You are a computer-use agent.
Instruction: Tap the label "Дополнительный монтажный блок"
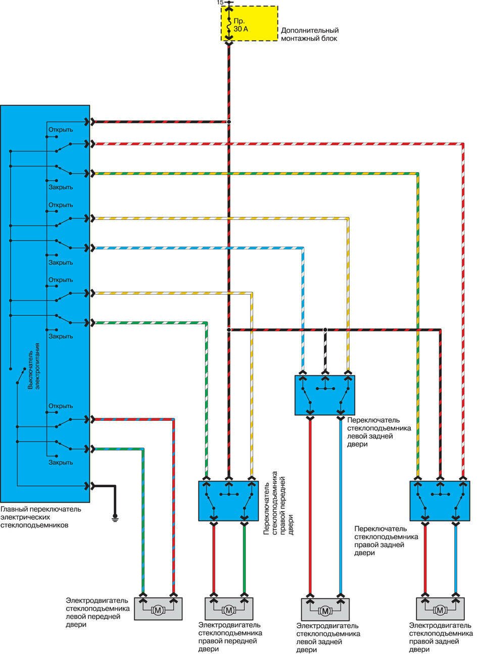pos(309,34)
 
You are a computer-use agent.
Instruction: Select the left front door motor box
pos(158,610)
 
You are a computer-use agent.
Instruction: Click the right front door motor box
pos(229,610)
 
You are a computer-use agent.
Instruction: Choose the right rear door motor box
pos(440,610)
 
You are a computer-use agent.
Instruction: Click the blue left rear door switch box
pos(324,395)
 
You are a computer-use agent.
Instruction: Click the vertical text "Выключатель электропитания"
pos(33,366)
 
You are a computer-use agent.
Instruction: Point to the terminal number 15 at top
pos(219,3)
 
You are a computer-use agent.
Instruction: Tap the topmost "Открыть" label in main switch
pos(61,130)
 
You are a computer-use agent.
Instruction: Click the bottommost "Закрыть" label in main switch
pos(61,462)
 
